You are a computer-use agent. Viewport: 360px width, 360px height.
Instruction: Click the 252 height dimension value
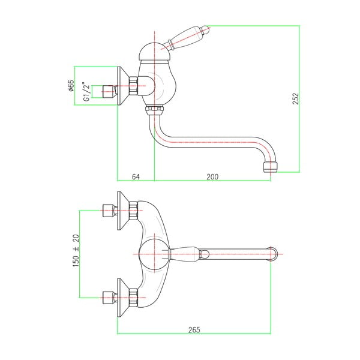(295, 99)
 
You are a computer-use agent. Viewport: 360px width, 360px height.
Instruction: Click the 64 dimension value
(135, 176)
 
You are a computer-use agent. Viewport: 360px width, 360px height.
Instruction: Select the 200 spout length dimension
(211, 176)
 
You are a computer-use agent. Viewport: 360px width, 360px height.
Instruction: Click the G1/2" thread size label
(86, 91)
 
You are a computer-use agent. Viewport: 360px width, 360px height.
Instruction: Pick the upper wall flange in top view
(123, 211)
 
